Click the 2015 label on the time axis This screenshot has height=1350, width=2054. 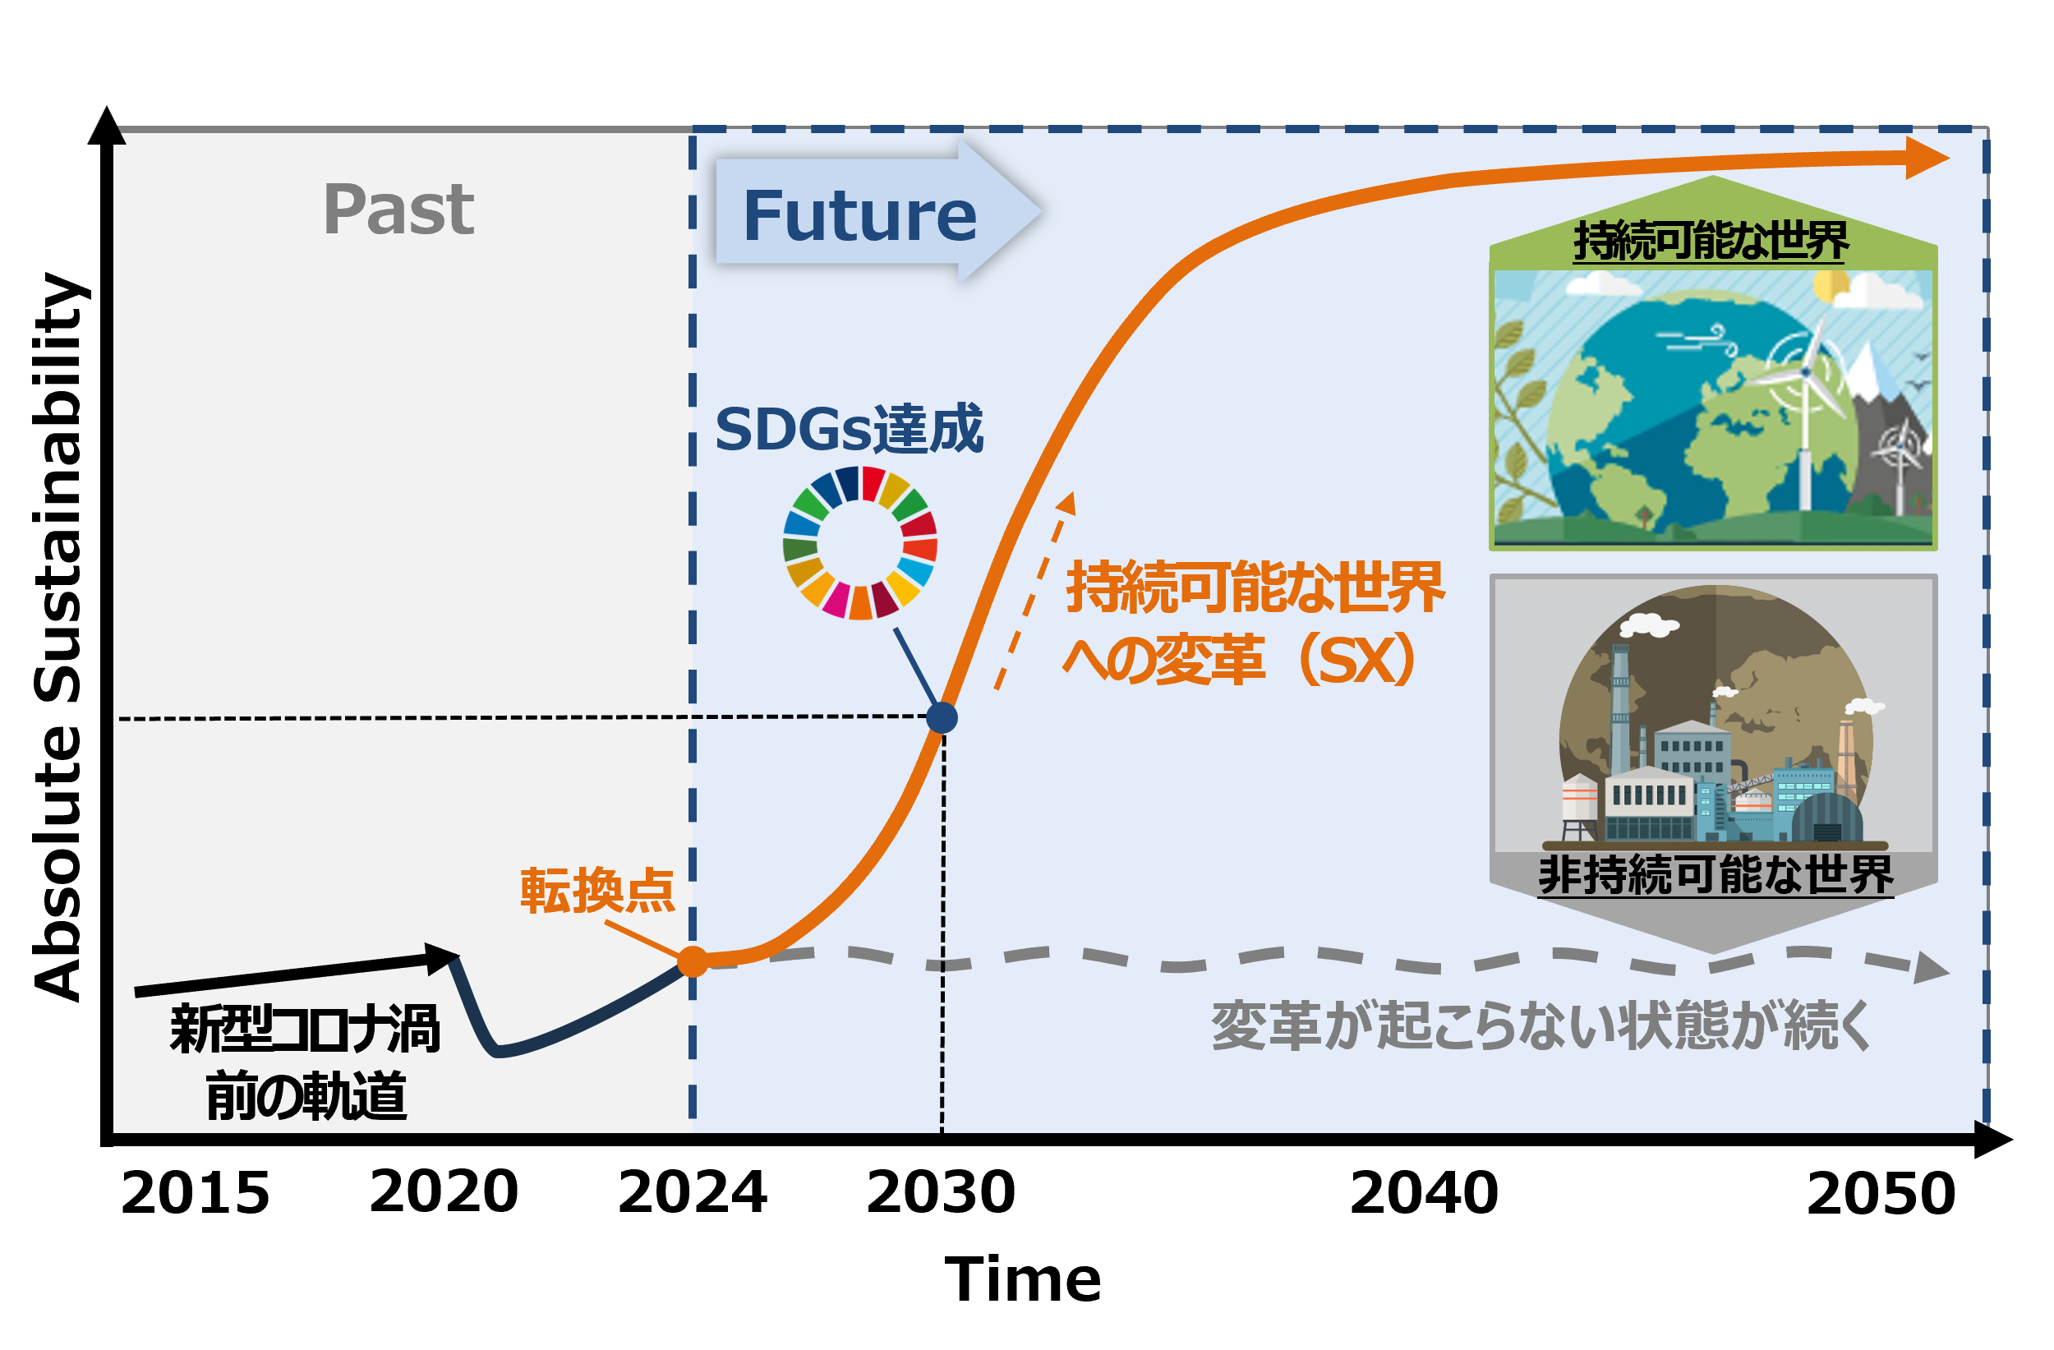coord(195,1194)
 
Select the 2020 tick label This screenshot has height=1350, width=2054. coord(444,1192)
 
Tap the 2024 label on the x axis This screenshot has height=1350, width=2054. coord(692,1192)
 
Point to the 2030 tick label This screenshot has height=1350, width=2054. coord(941,1192)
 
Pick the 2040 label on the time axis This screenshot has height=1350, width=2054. coord(1424,1193)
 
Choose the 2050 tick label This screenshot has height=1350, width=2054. coord(1881,1194)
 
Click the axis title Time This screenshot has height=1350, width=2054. coord(1023,1279)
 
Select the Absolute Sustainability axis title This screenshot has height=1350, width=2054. coord(58,637)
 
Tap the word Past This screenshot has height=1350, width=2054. coord(398,210)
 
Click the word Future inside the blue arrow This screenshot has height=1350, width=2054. coord(860,216)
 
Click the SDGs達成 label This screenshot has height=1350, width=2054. coord(850,429)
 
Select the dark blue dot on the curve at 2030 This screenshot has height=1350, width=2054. coord(942,718)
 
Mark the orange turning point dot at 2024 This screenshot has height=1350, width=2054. coord(692,961)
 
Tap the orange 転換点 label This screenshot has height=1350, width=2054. coord(597,892)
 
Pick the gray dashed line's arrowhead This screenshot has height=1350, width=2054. coord(1932,969)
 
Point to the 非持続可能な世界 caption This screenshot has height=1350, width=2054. coord(1715,875)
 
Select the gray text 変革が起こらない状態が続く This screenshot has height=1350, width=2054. coord(1540,1027)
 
